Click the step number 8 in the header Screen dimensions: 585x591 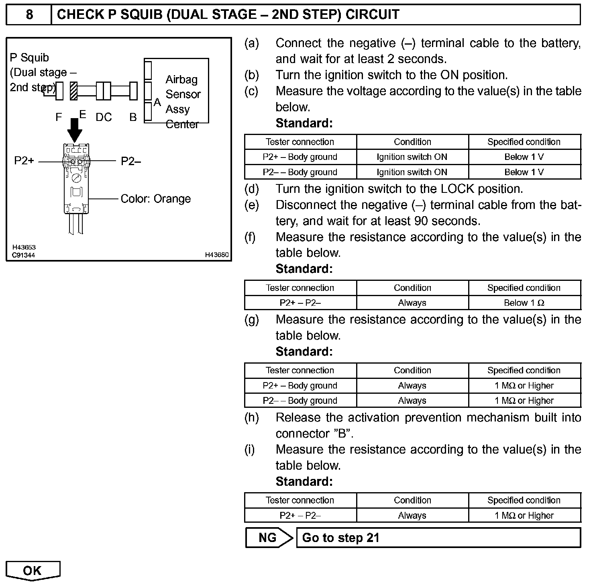(29, 15)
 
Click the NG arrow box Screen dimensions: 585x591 (269, 538)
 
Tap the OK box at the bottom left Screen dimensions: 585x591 (33, 571)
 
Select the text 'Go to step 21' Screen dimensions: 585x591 (340, 538)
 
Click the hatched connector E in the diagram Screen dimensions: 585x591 (73, 91)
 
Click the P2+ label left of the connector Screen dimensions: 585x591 (24, 161)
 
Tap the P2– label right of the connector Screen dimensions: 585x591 (131, 161)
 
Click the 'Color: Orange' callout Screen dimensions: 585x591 (156, 199)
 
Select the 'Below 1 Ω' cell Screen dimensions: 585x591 (524, 303)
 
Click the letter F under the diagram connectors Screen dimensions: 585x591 (59, 117)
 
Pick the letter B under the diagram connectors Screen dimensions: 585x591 (133, 117)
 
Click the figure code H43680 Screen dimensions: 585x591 (217, 255)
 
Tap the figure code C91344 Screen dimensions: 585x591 (24, 255)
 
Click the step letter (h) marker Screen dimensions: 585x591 (252, 418)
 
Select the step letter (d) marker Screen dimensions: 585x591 (252, 189)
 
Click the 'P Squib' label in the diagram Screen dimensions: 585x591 (29, 58)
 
